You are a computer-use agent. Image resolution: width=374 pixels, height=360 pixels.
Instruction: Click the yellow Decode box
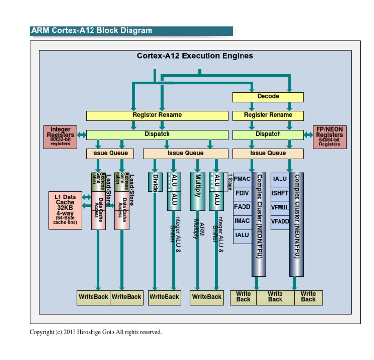tap(268, 97)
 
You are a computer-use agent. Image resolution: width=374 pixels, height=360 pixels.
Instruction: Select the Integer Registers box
tap(60, 137)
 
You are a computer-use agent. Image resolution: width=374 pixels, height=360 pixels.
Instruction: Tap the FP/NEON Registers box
tap(329, 137)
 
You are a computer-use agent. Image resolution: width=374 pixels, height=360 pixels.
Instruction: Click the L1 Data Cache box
tap(65, 210)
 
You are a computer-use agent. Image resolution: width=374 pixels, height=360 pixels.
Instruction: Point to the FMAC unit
tap(242, 179)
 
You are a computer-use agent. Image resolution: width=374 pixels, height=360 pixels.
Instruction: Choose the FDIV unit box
tap(242, 193)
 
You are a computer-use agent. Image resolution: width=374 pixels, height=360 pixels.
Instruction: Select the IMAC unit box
tap(242, 221)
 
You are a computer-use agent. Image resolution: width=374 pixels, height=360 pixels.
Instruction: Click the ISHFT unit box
tap(280, 193)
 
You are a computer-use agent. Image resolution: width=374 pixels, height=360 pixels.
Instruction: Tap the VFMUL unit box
tap(280, 207)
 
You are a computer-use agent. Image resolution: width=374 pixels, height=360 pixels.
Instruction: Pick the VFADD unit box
tap(280, 221)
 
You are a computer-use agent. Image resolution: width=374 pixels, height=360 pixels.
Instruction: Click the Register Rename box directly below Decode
tap(268, 115)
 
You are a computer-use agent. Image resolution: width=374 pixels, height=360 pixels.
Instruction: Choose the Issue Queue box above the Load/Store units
tap(110, 153)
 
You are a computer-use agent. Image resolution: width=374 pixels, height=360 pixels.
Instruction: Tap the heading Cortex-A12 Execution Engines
tap(195, 56)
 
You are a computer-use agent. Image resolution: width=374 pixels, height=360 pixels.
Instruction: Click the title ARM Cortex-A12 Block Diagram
tap(92, 31)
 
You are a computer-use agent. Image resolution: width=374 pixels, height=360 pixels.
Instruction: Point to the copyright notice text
tap(95, 332)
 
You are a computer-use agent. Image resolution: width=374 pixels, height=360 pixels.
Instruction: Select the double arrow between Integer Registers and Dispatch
tap(81, 134)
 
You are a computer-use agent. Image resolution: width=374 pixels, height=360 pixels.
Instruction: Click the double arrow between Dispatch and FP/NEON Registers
tap(308, 134)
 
